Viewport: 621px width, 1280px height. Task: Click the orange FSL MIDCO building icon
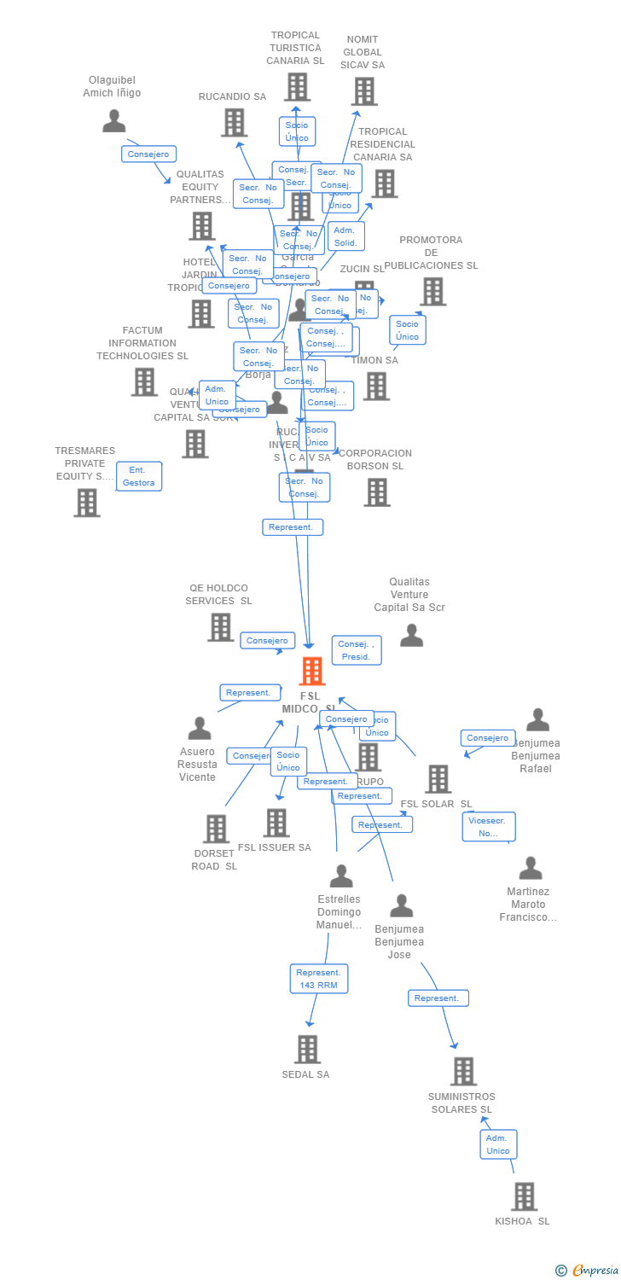[x=312, y=672]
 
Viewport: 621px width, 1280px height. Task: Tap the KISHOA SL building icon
[x=524, y=1196]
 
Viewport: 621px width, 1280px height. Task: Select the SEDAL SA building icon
[x=307, y=1049]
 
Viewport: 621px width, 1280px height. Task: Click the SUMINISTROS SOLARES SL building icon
[x=463, y=1071]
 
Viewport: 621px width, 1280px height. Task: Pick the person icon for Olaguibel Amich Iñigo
[x=113, y=121]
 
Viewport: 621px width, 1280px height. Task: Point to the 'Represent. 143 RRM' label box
[x=318, y=979]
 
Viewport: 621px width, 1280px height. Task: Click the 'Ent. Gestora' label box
[x=139, y=476]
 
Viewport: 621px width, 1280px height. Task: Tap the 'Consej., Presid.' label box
[x=356, y=650]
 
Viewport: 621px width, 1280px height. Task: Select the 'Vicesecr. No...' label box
[x=489, y=826]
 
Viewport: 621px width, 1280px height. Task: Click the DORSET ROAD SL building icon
[x=216, y=829]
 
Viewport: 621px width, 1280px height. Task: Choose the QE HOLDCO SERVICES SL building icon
[x=220, y=627]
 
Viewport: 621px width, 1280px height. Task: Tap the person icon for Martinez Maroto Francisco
[x=531, y=869]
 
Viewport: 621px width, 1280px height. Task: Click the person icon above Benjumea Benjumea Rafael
[x=537, y=720]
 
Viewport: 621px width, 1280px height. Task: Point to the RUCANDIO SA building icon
[x=234, y=123]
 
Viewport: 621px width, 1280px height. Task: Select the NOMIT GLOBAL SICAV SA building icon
[x=364, y=91]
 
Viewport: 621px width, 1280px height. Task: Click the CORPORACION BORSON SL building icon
[x=377, y=492]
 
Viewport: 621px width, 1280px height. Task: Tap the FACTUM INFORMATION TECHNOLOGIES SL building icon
[x=144, y=381]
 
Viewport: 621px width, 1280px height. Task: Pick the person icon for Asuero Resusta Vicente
[x=200, y=728]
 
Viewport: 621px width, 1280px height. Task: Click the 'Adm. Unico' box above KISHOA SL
[x=498, y=1144]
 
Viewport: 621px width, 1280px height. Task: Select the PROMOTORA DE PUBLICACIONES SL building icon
[x=432, y=292]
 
